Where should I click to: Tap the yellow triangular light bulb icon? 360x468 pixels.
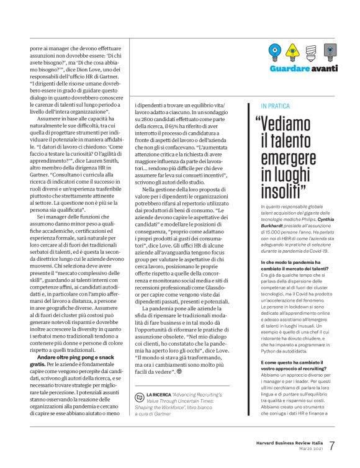pos(294,51)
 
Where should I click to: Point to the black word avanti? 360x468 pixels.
pos(325,67)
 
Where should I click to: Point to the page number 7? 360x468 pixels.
pos(333,446)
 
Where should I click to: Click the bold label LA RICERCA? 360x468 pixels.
pos(159,394)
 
